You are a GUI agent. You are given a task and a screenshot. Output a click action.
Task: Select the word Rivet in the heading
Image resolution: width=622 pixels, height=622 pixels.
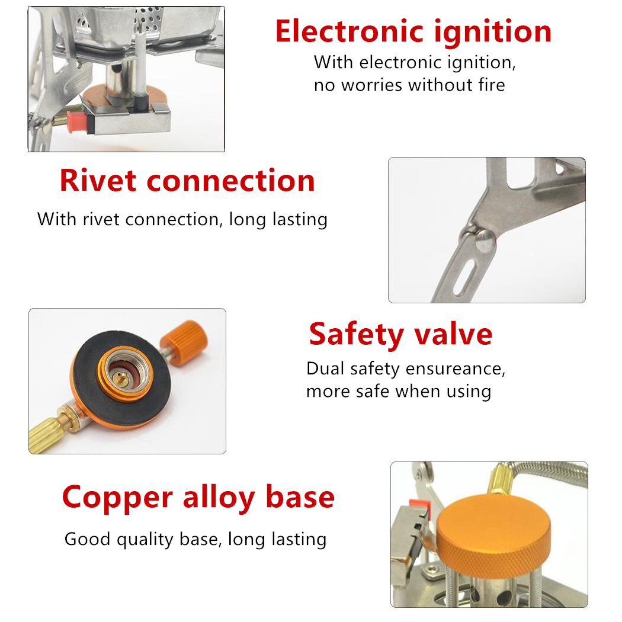point(98,181)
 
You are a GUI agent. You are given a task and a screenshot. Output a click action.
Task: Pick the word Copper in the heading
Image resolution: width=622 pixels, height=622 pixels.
point(117,498)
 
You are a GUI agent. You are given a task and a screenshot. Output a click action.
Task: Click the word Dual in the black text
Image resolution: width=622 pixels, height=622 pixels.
point(325,368)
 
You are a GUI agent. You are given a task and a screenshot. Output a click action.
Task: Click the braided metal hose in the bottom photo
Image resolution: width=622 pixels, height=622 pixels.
point(547,476)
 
